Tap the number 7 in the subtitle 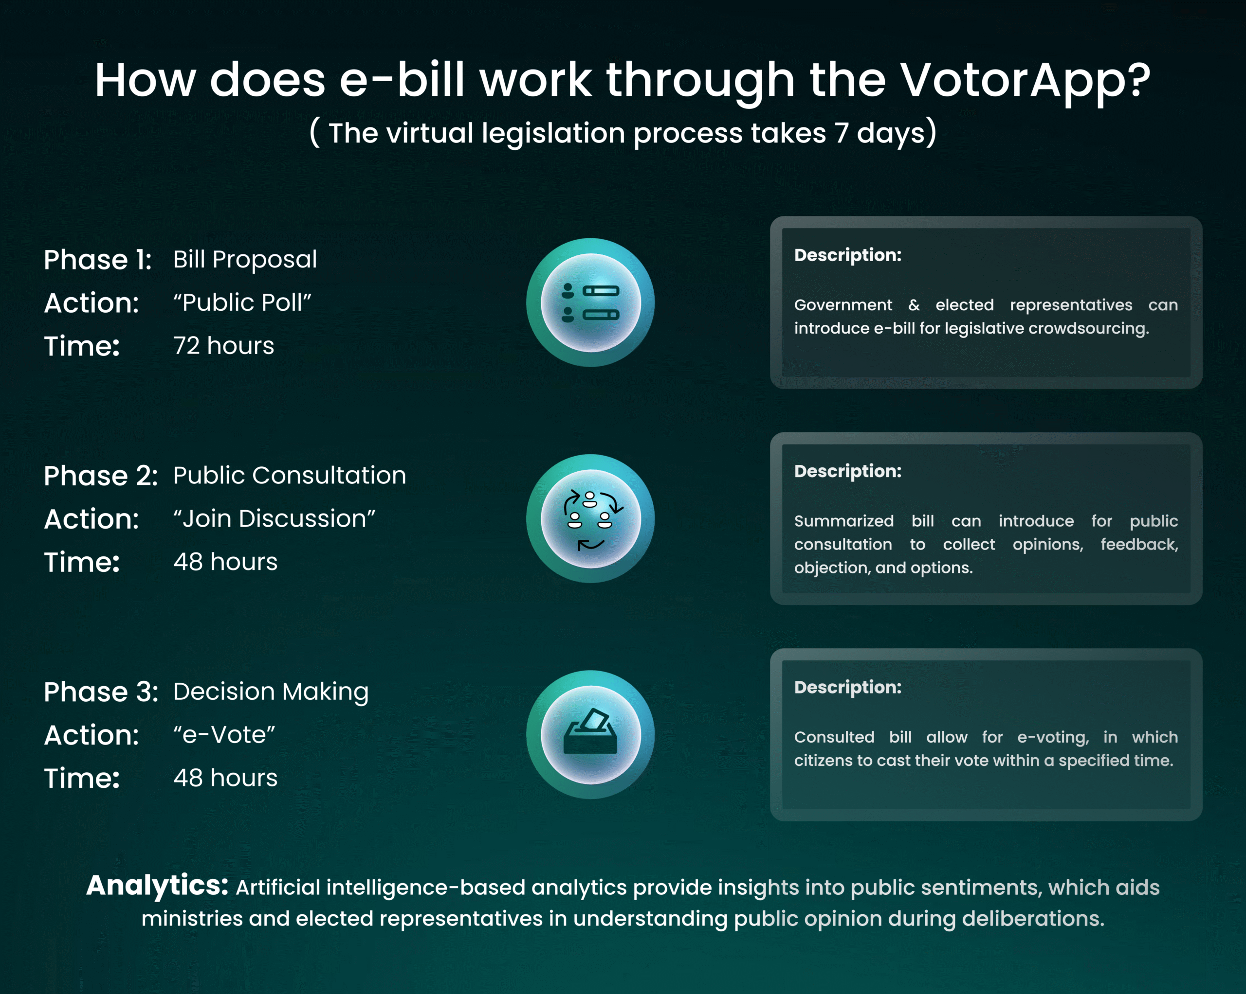(x=841, y=133)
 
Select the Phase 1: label (x=98, y=260)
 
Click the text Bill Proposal (x=245, y=260)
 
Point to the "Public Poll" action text (x=242, y=302)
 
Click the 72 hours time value (x=224, y=346)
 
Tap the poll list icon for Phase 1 (x=591, y=302)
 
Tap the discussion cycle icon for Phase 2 (x=591, y=519)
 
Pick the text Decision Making (x=271, y=692)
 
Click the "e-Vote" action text (x=224, y=735)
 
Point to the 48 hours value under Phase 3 (x=225, y=778)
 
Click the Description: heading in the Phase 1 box (x=848, y=255)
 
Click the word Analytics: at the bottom (x=157, y=886)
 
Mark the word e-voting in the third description (x=1053, y=738)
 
